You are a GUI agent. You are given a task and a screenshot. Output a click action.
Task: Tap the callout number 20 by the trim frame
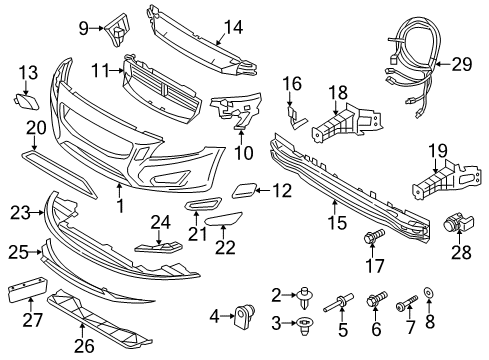tap(36, 127)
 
